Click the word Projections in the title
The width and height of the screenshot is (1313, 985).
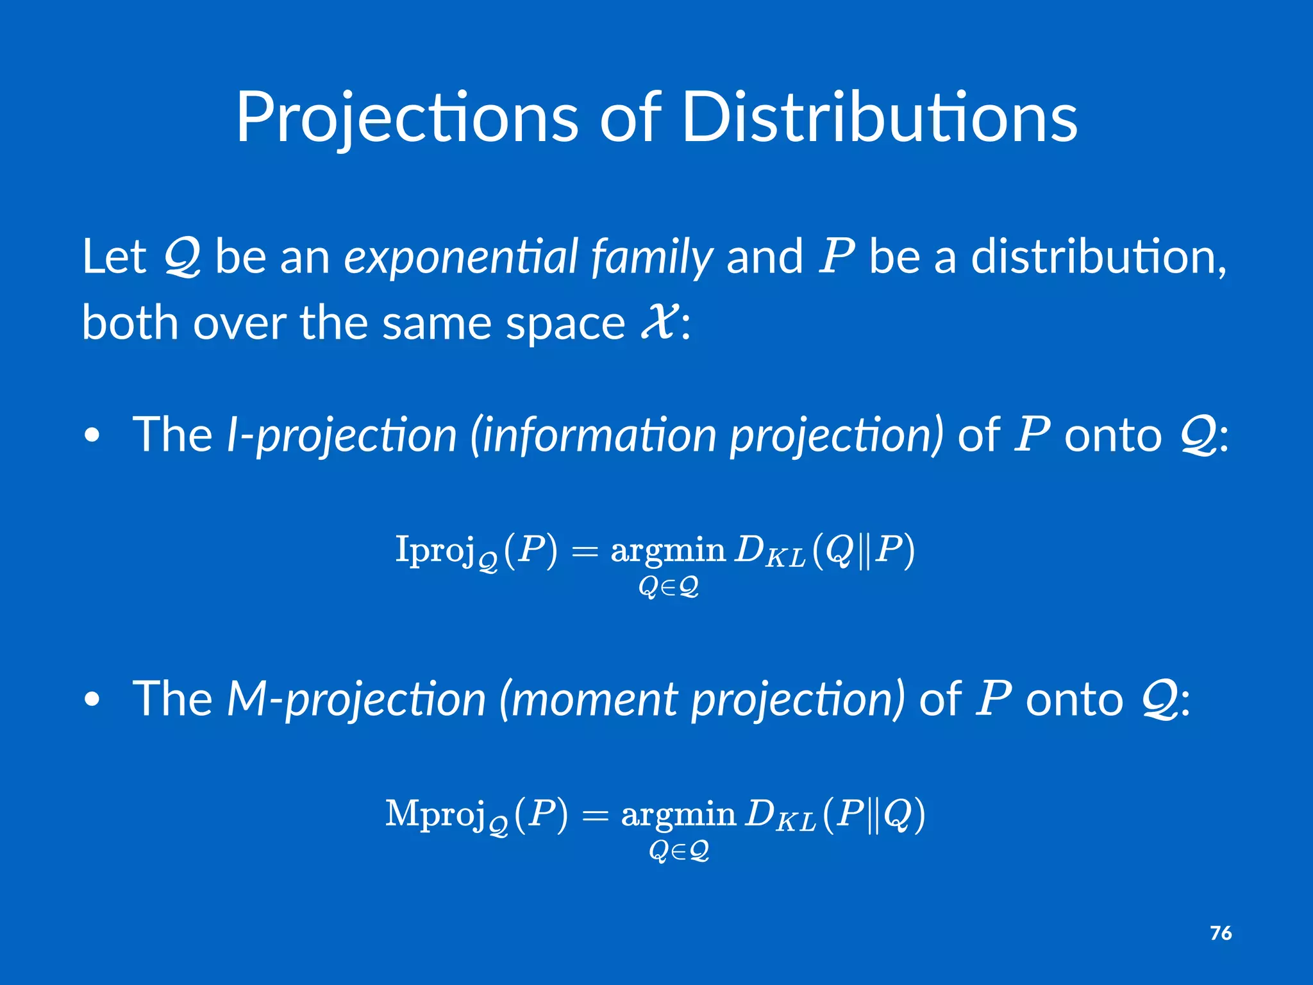(407, 119)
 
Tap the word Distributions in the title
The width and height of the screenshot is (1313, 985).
(879, 119)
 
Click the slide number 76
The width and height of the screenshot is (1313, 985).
(1221, 933)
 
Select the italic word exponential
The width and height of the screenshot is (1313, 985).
(462, 257)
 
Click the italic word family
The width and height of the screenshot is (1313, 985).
(651, 257)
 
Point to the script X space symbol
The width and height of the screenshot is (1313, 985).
(658, 322)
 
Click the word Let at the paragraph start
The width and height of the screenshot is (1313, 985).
(114, 257)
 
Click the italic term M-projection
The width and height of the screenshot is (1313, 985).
(356, 700)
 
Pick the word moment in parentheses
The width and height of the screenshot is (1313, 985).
(594, 700)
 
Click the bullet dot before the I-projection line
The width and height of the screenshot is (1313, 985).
(92, 437)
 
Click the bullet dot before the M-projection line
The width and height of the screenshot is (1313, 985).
(92, 700)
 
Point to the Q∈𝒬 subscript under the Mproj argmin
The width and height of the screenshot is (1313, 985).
(678, 851)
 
